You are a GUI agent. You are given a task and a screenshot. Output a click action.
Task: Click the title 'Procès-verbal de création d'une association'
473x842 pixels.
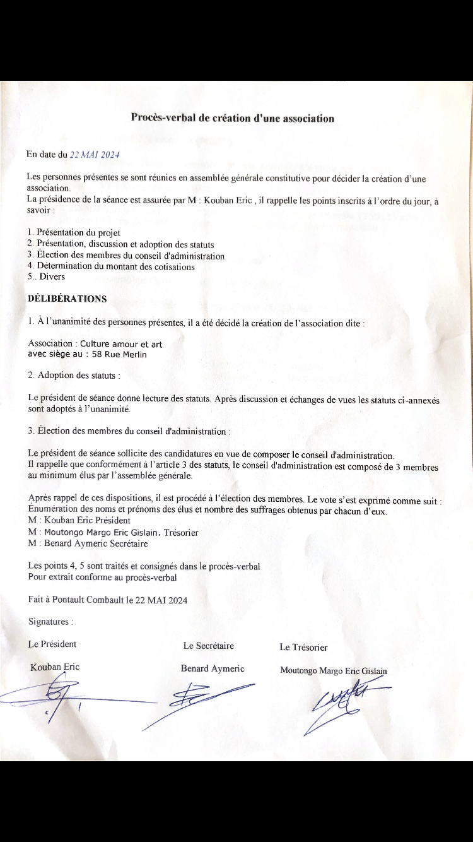click(232, 117)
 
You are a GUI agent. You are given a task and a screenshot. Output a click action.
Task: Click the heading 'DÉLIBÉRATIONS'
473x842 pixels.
click(67, 298)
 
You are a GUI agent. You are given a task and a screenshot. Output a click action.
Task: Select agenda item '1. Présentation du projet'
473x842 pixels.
click(74, 233)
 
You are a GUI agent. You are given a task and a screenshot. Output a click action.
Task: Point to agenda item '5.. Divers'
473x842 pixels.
click(46, 276)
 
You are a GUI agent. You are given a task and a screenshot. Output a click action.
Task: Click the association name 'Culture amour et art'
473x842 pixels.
click(126, 344)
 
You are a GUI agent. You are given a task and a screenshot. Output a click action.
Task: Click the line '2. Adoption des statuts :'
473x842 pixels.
click(74, 375)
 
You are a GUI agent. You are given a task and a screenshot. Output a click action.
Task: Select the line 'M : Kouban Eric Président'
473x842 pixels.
click(79, 521)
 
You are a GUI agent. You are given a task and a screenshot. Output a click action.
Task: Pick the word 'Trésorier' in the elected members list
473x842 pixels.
click(181, 533)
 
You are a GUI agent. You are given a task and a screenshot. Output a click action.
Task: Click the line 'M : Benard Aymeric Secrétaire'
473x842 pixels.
click(88, 543)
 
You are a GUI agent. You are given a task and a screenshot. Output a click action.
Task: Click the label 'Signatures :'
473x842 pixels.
click(50, 622)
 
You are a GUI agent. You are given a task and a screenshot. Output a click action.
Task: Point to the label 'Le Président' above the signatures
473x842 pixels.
click(52, 644)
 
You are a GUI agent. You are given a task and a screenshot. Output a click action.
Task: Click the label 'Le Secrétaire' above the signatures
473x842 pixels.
click(208, 646)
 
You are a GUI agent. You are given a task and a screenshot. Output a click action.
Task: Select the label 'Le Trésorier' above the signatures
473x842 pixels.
click(303, 647)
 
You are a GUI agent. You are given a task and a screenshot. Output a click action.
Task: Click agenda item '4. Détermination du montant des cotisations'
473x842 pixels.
click(111, 266)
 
